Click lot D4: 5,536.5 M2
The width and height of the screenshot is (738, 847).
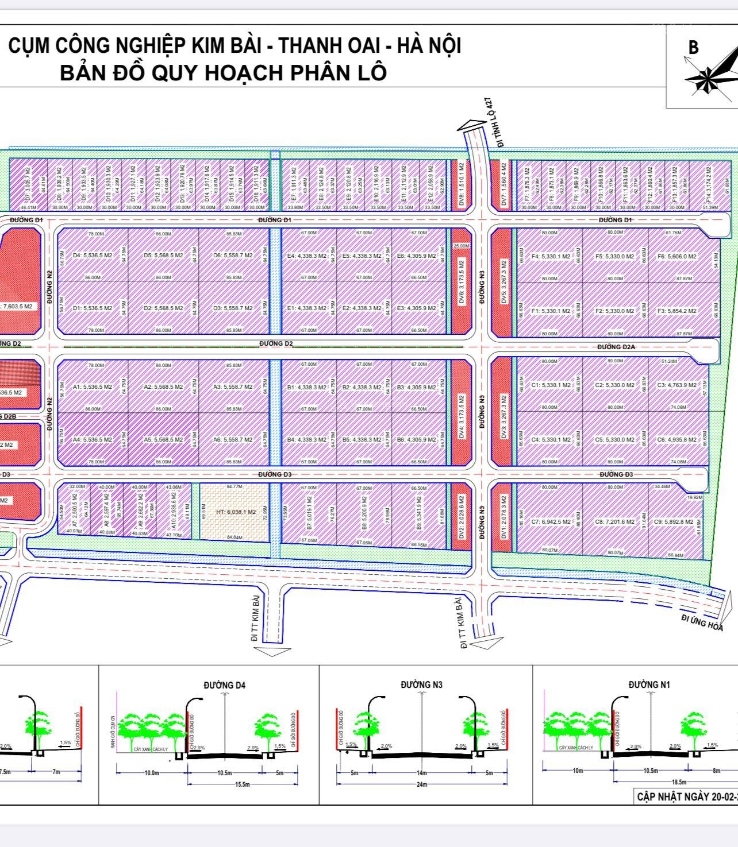[x=93, y=256]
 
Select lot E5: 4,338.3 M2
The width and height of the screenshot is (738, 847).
[x=362, y=256]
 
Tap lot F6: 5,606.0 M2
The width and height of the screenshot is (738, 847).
[x=678, y=257]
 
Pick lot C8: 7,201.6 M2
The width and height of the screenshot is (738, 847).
[x=614, y=522]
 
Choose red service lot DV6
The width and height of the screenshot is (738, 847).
[x=461, y=281]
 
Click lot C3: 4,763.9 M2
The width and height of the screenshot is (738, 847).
[x=678, y=385]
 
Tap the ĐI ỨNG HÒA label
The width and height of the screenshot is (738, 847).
[x=702, y=622]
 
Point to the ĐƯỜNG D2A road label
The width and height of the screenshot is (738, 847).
[x=616, y=347]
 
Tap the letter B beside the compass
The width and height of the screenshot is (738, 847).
[x=693, y=48]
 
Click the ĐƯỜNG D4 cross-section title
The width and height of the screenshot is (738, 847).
[x=224, y=685]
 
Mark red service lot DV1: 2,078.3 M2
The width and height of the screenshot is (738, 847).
[x=504, y=515]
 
